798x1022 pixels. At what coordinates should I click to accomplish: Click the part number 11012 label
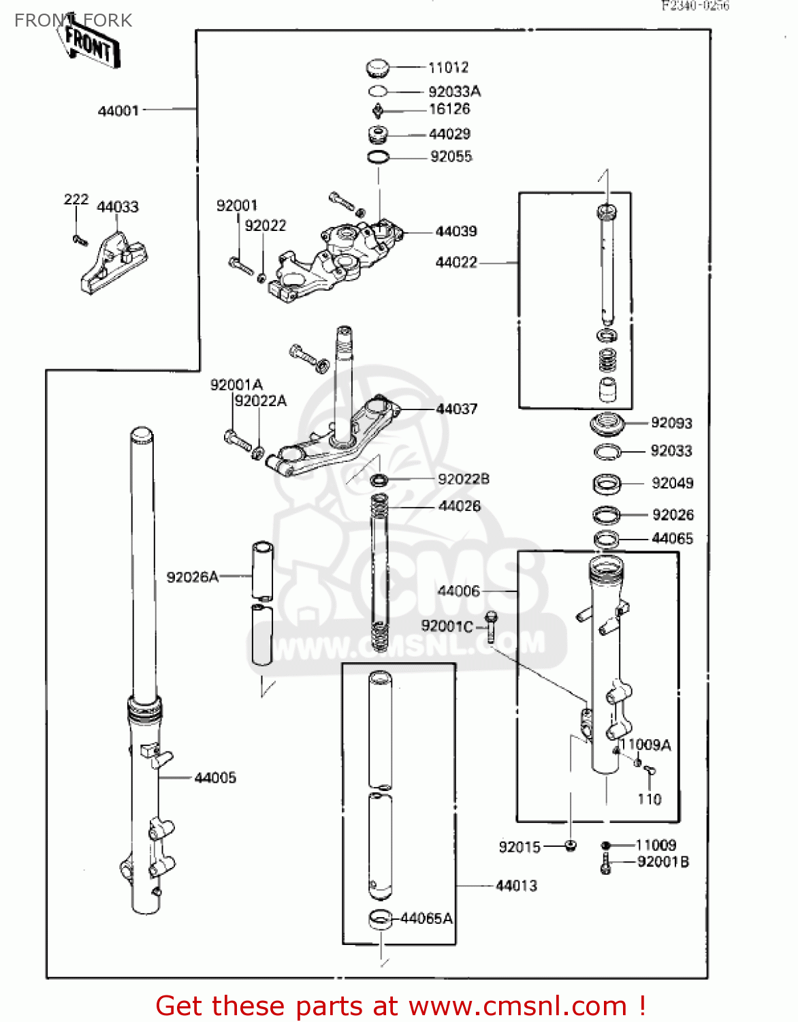click(x=448, y=67)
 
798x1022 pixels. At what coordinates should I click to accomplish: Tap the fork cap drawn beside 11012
click(x=377, y=68)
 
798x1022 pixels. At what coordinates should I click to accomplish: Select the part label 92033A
click(x=454, y=91)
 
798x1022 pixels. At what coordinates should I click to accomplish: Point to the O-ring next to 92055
click(x=379, y=157)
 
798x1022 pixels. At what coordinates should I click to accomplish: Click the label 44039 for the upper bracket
click(x=456, y=232)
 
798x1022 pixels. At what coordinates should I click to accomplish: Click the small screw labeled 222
click(x=80, y=239)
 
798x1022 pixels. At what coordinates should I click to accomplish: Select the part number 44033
click(x=118, y=207)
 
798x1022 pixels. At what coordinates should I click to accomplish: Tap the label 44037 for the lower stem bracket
click(x=456, y=409)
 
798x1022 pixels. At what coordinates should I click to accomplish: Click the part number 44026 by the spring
click(x=460, y=506)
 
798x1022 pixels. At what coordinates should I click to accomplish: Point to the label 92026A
click(x=193, y=577)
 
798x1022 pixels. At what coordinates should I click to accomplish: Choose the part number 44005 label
click(x=215, y=777)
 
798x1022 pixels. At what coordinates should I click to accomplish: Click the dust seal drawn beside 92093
click(x=607, y=424)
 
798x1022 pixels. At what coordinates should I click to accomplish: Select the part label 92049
click(x=672, y=483)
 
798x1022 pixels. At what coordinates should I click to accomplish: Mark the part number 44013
click(x=516, y=886)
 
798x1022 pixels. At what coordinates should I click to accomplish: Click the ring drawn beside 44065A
click(x=381, y=918)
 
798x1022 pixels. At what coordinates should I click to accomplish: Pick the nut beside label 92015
click(x=571, y=846)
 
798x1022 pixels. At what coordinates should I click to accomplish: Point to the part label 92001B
click(x=663, y=862)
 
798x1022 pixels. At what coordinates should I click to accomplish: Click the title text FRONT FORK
click(x=73, y=20)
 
